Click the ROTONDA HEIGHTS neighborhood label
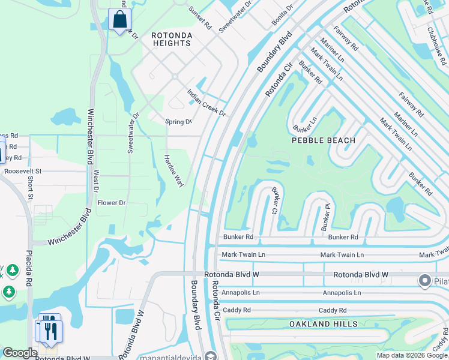(172, 39)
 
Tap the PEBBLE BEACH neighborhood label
(324, 140)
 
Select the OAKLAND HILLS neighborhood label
(324, 324)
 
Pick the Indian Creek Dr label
(206, 103)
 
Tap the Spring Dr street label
(178, 122)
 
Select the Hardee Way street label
(174, 171)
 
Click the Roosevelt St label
(22, 171)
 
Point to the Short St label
(30, 187)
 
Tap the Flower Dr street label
(112, 203)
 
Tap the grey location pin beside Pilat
(425, 281)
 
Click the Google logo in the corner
(20, 353)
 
